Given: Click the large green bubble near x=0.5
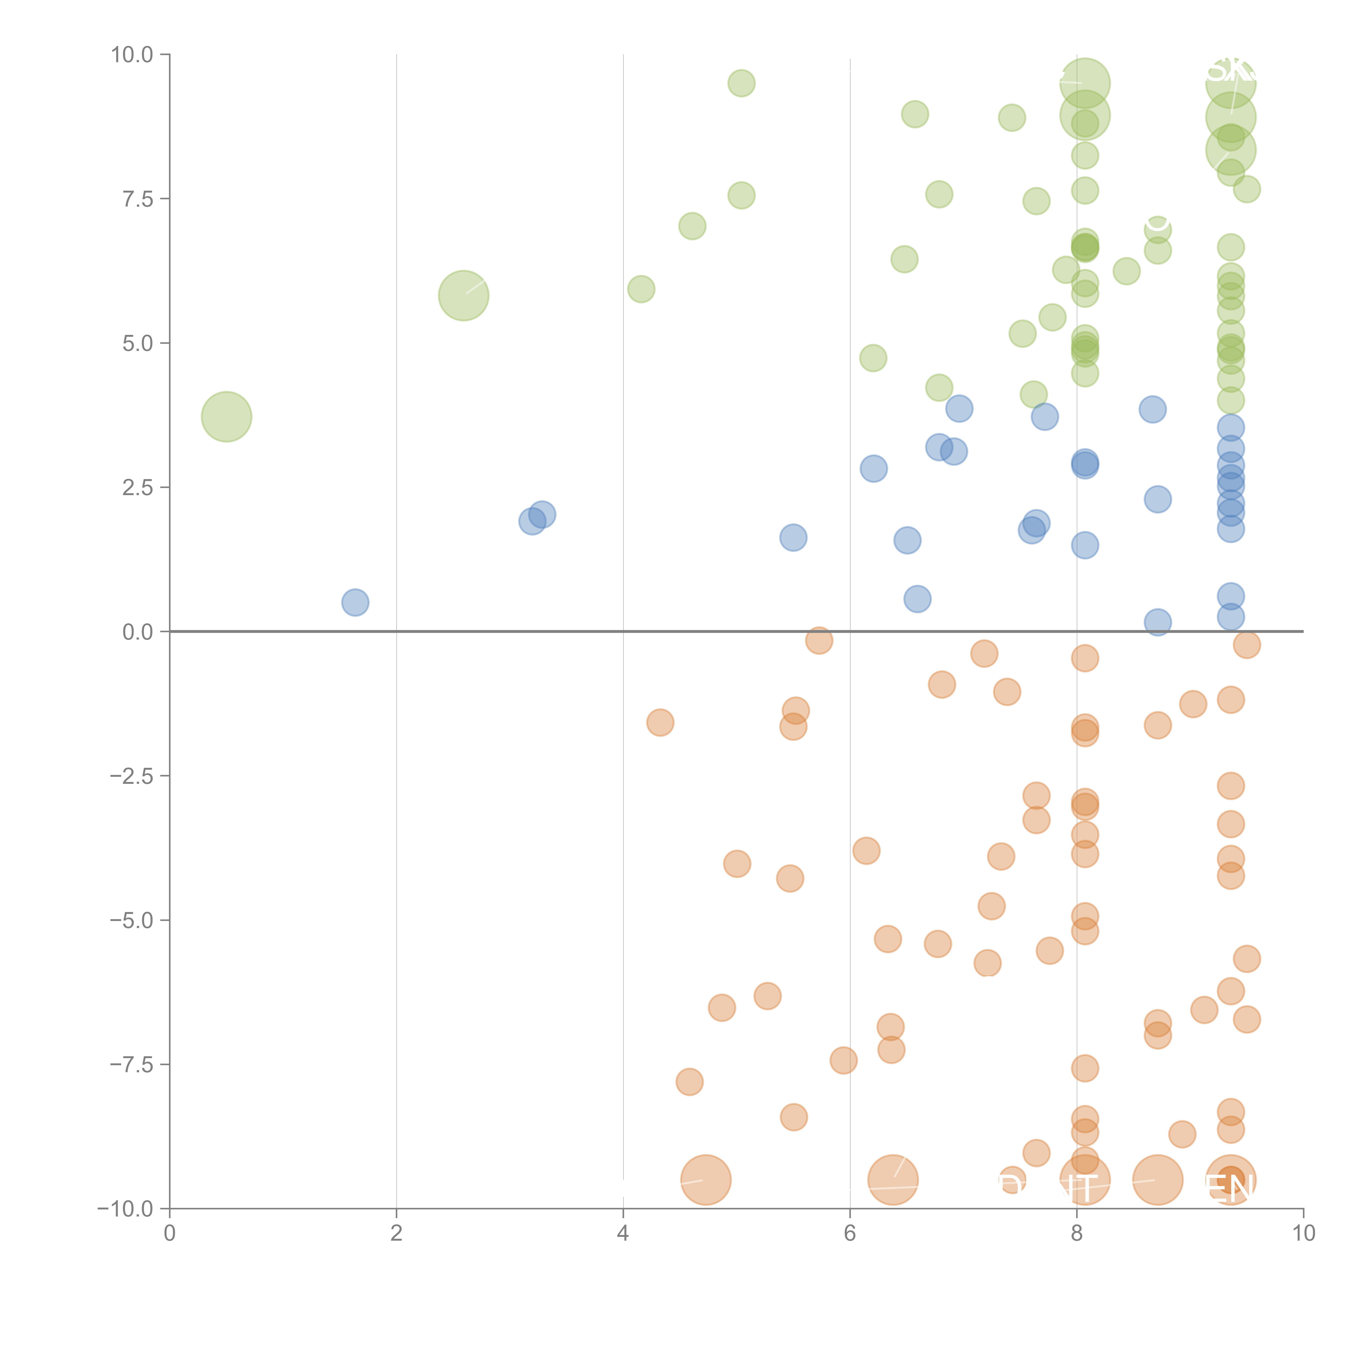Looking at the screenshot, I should click(226, 417).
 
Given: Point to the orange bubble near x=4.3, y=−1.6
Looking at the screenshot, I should click(660, 722).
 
